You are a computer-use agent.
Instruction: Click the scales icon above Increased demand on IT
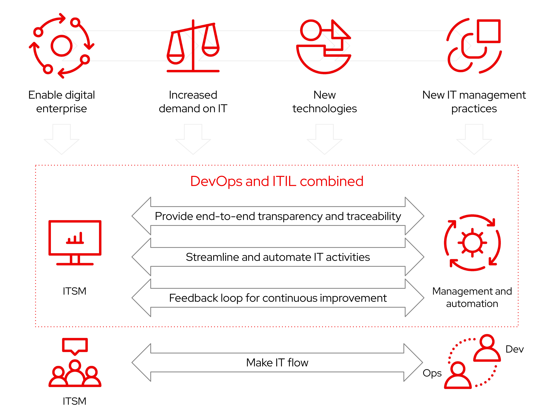pos(193,46)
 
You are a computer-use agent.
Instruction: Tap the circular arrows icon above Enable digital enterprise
pos(61,46)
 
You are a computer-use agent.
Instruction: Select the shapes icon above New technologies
pos(324,46)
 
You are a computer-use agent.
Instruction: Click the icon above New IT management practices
pos(474,46)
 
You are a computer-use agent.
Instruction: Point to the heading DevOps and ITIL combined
pos(277,181)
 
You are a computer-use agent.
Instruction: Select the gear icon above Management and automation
pos(472,243)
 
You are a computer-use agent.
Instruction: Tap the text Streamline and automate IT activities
pos(278,257)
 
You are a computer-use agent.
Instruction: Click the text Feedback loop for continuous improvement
pos(278,298)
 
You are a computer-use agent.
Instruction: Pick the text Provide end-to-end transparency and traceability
pos(278,216)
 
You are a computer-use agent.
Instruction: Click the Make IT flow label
pos(277,362)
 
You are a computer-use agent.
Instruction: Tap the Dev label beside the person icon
pos(514,349)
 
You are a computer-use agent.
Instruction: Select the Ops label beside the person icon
pos(432,373)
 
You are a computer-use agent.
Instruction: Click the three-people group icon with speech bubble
pos(75,373)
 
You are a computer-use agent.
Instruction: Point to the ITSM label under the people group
pos(75,401)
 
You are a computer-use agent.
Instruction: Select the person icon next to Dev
pos(487,348)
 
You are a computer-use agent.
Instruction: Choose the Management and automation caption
pos(472,297)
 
